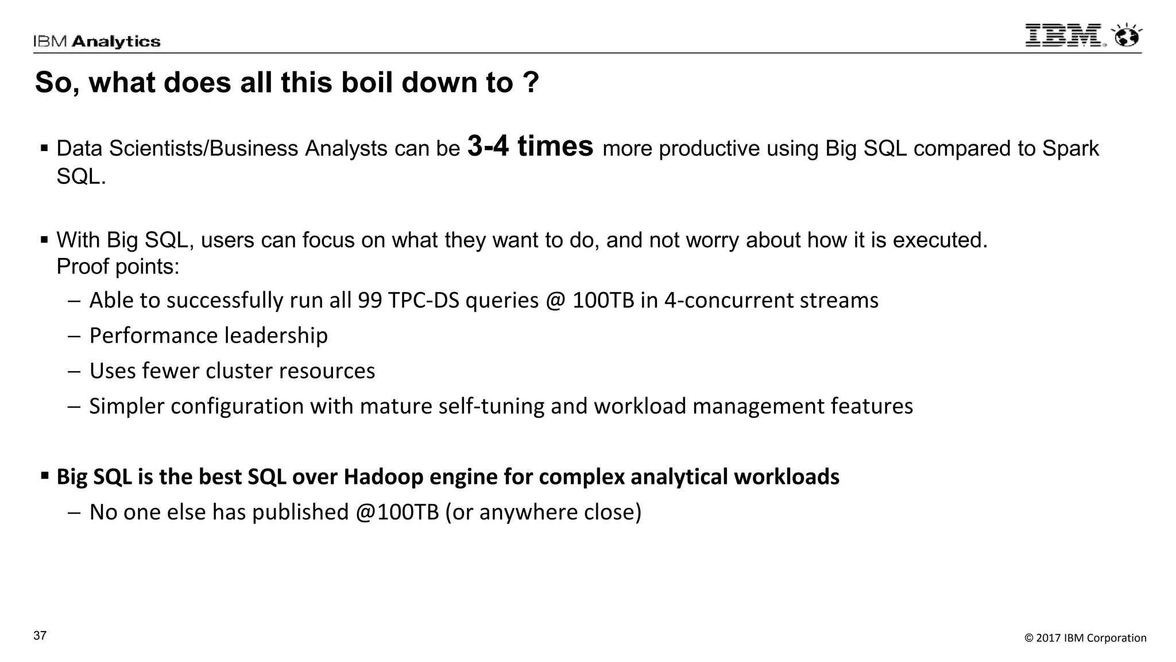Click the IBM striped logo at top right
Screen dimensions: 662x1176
1064,36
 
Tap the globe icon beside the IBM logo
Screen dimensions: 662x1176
1127,36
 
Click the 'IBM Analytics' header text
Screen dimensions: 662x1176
96,41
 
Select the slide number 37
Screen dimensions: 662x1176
40,636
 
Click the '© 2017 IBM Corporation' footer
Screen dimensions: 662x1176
1085,638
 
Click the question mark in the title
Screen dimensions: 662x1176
531,82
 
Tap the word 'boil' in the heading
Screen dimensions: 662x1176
362,82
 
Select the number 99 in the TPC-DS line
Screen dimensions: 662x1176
370,301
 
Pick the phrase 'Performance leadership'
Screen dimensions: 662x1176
208,336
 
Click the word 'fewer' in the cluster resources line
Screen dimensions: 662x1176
171,371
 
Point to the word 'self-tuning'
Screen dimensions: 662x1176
492,406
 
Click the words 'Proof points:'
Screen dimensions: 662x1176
118,267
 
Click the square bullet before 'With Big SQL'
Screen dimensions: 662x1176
44,239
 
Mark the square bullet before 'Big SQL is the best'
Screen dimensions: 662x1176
44,476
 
